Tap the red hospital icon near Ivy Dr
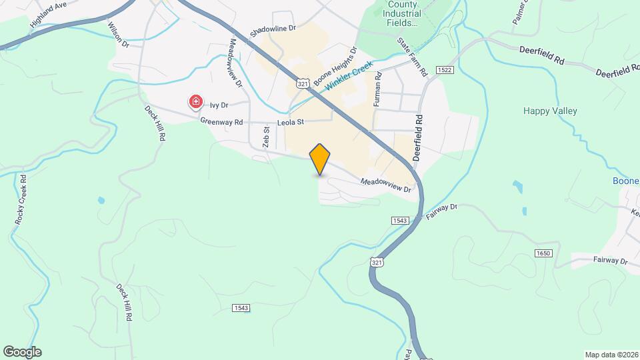196,102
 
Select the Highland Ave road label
49,14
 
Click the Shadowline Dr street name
272,31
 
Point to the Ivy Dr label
219,105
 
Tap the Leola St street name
291,122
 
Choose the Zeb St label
265,138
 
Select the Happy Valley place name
550,111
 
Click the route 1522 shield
445,70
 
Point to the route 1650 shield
543,253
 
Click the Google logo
22,352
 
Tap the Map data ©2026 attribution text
611,355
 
